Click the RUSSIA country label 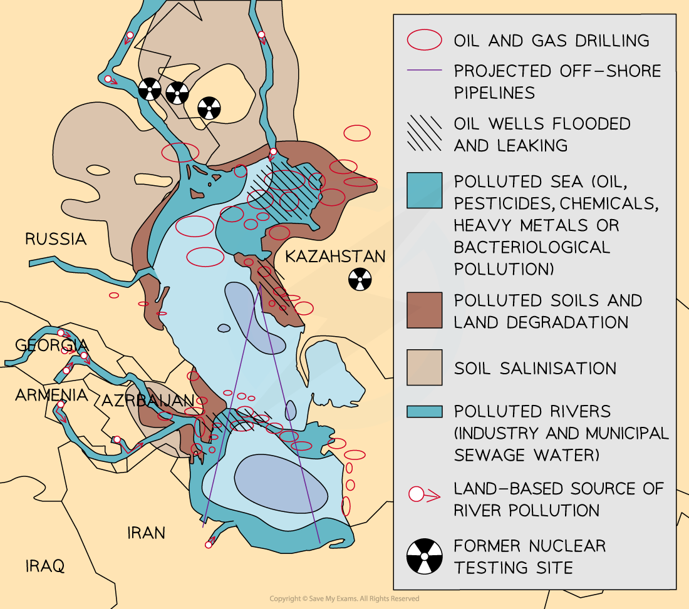click(55, 239)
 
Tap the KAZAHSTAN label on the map click(335, 257)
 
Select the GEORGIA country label click(51, 345)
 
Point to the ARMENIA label click(51, 396)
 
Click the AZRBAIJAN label click(148, 401)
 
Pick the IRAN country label click(146, 533)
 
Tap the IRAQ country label click(45, 566)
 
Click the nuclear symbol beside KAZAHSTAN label click(360, 279)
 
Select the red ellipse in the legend click(424, 41)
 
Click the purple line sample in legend click(424, 71)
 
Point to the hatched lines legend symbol click(424, 134)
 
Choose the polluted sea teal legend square click(424, 190)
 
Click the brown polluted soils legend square click(424, 310)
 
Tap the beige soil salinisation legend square click(424, 367)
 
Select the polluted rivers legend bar click(424, 411)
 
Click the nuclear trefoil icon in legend click(424, 556)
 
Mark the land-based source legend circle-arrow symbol click(424, 494)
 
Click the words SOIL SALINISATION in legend click(535, 368)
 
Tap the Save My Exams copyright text click(344, 599)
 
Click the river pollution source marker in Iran click(209, 545)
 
